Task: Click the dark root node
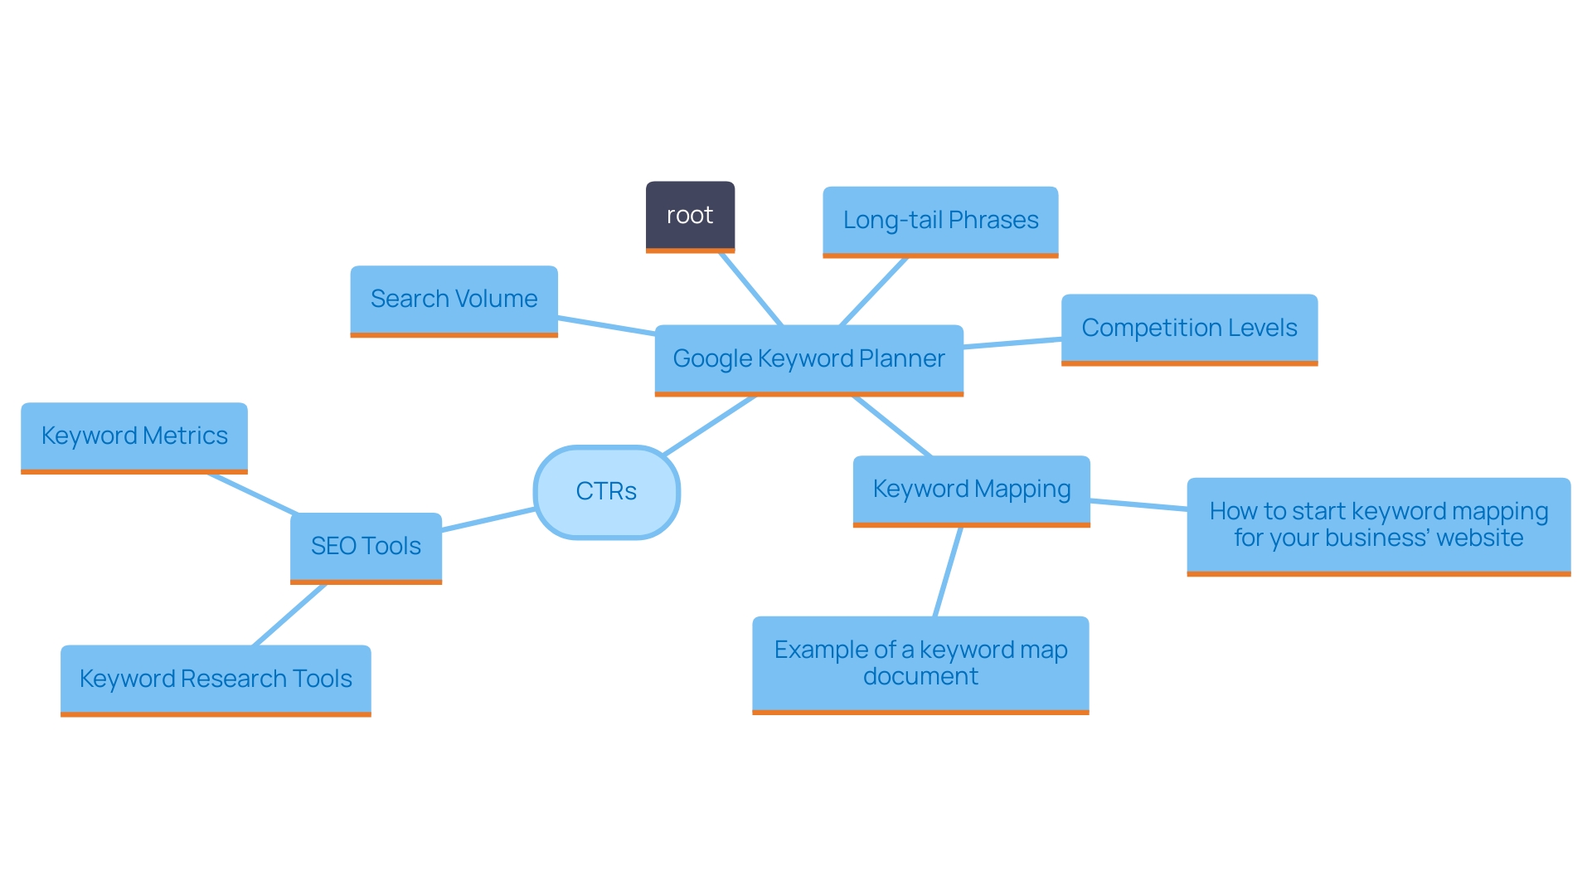690,216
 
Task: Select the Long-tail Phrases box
940,221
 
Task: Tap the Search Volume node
454,299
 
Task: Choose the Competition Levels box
1189,329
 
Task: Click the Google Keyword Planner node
808,359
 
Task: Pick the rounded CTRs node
607,492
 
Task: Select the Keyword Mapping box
971,489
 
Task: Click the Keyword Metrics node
134,436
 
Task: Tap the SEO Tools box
366,547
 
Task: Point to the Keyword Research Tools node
216,679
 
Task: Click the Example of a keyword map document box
920,664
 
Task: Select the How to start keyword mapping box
1378,525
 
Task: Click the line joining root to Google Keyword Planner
750,289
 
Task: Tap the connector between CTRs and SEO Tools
488,520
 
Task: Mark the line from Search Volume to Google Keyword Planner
606,326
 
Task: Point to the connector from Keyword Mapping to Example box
948,572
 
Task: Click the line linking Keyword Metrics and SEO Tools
252,494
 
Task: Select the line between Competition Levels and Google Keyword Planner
1012,343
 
